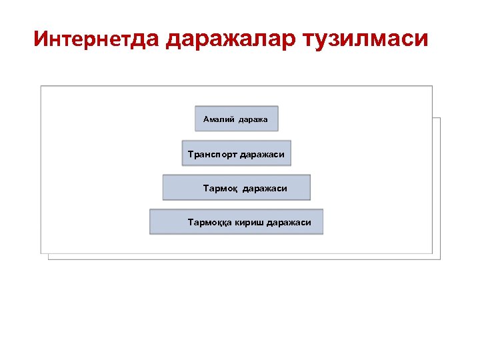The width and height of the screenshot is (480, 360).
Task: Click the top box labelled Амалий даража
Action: tap(236, 119)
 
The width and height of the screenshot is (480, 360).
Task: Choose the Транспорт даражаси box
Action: tap(236, 153)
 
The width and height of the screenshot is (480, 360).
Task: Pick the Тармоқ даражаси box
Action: tap(236, 187)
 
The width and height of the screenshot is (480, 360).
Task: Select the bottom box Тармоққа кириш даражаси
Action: tap(236, 222)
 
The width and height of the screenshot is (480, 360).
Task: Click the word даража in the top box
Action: tap(253, 119)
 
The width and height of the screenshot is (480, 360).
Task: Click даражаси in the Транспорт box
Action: tap(262, 154)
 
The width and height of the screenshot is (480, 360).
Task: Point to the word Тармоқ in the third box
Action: tap(219, 189)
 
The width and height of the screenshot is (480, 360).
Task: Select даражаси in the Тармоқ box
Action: tap(265, 189)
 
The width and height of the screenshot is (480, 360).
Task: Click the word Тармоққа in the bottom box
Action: tap(209, 223)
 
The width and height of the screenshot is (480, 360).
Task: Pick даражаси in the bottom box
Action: tap(289, 223)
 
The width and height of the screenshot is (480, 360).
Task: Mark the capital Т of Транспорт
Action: tap(191, 154)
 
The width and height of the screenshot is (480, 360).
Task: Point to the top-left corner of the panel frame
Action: tap(41, 86)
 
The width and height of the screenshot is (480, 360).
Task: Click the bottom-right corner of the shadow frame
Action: tap(440, 259)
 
